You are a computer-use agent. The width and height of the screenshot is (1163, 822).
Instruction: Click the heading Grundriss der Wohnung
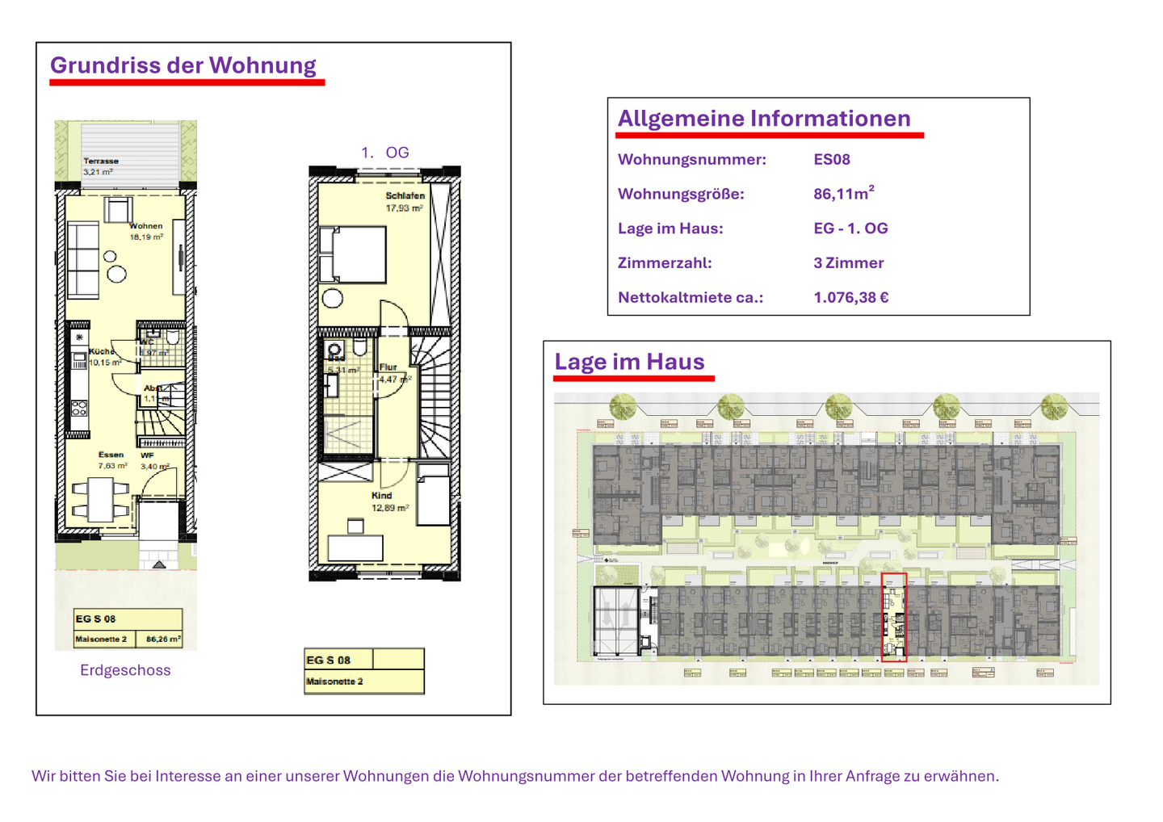coord(183,65)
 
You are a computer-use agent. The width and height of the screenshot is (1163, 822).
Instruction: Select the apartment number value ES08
coord(831,160)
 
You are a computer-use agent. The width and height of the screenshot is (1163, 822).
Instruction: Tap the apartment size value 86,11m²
coord(843,194)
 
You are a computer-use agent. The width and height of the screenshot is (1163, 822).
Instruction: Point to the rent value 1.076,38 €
coord(850,298)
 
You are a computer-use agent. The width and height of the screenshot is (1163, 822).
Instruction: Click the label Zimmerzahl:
coord(664,263)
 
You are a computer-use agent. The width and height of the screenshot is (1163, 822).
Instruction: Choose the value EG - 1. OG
coord(850,229)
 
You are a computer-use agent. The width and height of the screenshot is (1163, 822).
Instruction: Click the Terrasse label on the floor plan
coord(100,161)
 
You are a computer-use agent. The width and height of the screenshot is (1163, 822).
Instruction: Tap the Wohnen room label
coord(146,227)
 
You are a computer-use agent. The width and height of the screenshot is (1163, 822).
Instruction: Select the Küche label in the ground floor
coord(102,352)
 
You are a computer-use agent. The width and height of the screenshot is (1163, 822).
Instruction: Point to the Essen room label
coord(111,455)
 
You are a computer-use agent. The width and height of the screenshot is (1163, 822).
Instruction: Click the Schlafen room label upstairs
coord(405,196)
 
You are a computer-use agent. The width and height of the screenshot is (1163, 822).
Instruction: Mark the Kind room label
coord(381,496)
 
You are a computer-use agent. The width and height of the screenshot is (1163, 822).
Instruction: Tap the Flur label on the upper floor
coord(388,367)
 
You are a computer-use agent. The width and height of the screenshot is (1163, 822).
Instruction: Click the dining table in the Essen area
coord(101,500)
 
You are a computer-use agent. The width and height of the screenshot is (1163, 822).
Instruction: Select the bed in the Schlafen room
coord(353,254)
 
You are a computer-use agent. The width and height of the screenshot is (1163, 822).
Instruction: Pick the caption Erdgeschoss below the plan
coord(125,670)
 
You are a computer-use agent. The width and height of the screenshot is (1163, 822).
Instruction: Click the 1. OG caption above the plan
coord(384,153)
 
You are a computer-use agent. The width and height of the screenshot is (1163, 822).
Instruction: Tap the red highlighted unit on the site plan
coord(893,618)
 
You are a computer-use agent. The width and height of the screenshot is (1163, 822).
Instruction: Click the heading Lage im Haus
coord(629,362)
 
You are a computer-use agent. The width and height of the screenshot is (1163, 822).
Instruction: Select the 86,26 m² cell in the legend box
coord(162,640)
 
